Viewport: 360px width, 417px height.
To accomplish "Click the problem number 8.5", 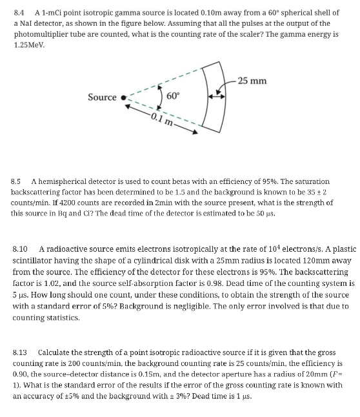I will point(19,181).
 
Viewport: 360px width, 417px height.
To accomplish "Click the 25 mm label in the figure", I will point(252,81).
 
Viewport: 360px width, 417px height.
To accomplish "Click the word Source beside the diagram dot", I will point(102,97).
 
